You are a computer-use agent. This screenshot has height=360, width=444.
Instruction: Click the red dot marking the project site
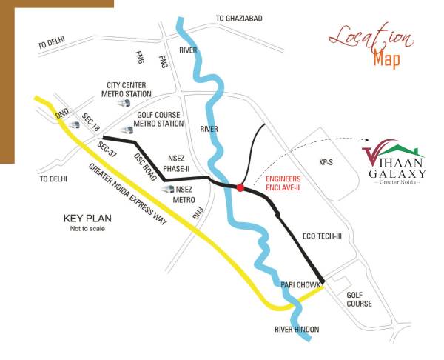(x=240, y=188)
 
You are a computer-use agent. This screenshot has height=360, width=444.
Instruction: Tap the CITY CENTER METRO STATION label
(x=127, y=90)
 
